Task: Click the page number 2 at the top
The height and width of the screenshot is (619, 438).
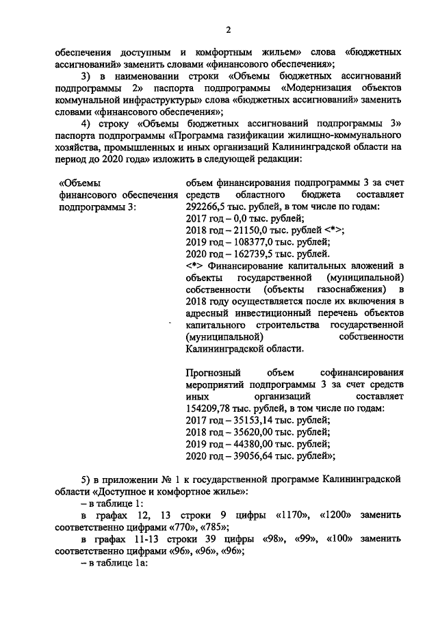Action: (x=229, y=28)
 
